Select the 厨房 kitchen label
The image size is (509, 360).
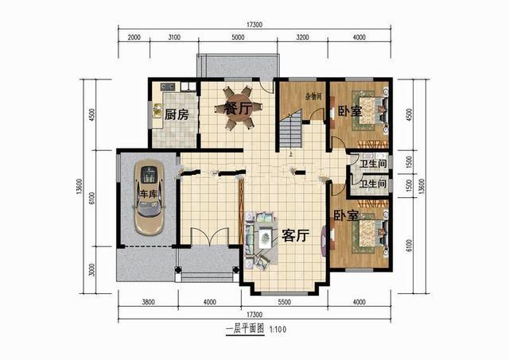click(177, 114)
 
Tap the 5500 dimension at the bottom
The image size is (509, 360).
click(289, 301)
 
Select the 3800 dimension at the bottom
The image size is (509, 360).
click(147, 301)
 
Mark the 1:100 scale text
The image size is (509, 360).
click(277, 328)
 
